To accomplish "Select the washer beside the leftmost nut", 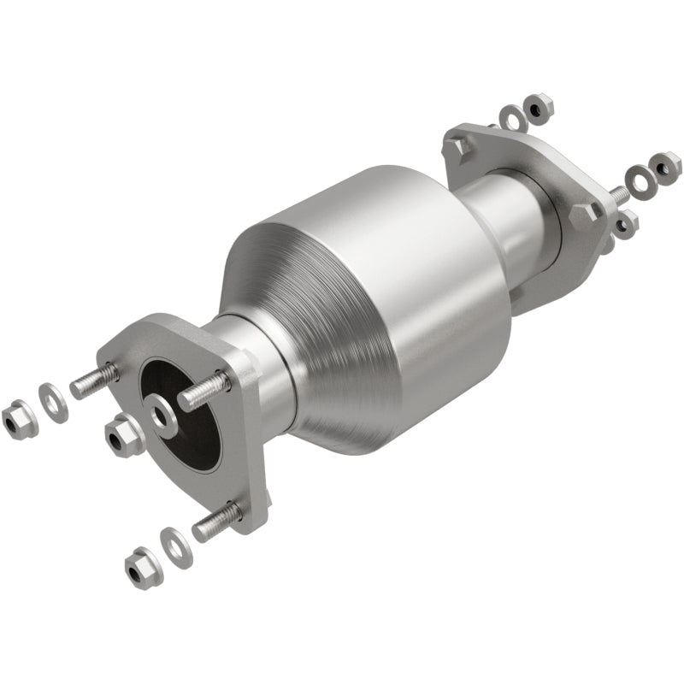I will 53,401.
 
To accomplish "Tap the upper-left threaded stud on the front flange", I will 94,380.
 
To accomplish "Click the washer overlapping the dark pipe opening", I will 163,415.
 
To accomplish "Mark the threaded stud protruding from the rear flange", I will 616,194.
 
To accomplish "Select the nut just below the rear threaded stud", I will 626,224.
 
